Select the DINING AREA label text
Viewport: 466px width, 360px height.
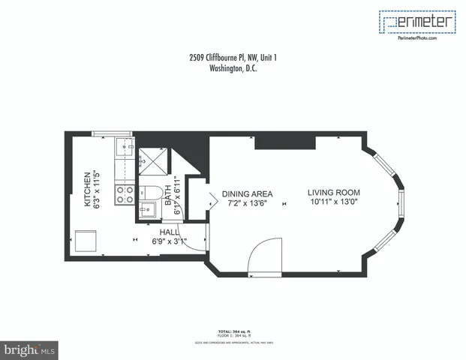click(247, 193)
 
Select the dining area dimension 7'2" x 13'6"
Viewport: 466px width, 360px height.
click(247, 202)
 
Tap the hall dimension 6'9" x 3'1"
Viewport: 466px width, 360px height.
click(168, 241)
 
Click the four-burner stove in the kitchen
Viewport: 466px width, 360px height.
click(125, 195)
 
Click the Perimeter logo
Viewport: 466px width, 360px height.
click(418, 22)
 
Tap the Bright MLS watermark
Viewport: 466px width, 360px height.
click(30, 349)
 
